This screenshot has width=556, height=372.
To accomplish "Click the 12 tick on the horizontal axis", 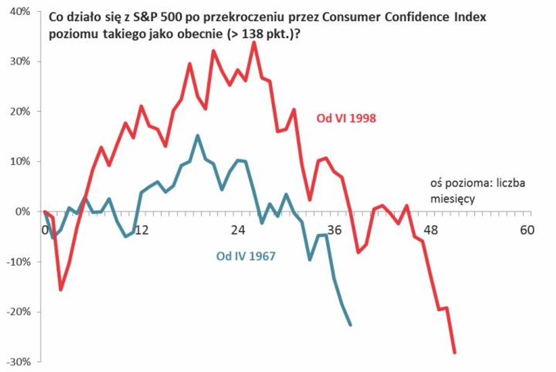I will click(142, 230).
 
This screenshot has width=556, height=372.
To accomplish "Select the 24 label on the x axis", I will click(238, 230).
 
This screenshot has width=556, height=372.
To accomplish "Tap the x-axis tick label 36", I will click(334, 230).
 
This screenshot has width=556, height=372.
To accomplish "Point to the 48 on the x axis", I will click(431, 230).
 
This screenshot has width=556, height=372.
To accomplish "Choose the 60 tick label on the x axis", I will click(527, 230).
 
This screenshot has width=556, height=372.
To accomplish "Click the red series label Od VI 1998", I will click(346, 117).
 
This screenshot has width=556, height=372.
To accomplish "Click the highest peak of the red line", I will click(254, 42).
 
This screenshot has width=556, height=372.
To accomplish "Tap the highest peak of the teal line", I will click(198, 135).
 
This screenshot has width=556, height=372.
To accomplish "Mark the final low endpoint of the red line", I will click(455, 353).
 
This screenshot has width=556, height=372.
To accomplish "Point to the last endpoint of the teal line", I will click(350, 325).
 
